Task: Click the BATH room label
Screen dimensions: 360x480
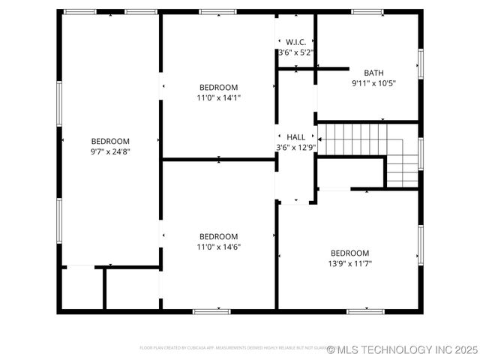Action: point(373,73)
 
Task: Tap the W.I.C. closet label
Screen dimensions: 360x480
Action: point(295,42)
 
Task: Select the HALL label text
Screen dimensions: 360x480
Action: point(296,137)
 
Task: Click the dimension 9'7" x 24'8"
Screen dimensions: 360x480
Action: point(110,151)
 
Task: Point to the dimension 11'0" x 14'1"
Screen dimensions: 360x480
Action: point(218,97)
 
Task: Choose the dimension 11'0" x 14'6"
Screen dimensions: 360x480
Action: point(218,247)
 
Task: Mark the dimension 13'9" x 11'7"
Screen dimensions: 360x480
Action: point(350,263)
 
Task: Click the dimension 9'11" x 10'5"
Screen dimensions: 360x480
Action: point(373,83)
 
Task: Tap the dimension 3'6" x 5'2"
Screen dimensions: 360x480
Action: point(295,52)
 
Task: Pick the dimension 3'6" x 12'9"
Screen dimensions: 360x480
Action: point(296,148)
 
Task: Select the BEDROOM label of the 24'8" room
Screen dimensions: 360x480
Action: point(110,141)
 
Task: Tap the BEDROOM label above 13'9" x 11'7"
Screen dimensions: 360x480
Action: point(350,253)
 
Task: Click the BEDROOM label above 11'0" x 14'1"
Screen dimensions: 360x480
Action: point(218,87)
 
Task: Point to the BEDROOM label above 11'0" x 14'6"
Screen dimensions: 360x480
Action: point(218,236)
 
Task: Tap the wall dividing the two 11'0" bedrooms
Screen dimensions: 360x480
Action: point(218,159)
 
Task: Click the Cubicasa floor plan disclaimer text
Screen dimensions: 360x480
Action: point(232,348)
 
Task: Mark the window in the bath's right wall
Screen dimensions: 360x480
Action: point(420,64)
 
